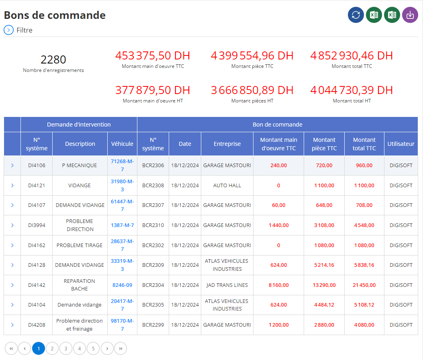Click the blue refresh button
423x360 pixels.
pyautogui.click(x=356, y=15)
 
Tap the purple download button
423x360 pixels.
pyautogui.click(x=410, y=15)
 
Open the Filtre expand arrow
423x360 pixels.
pyautogui.click(x=8, y=30)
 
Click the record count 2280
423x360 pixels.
pyautogui.click(x=53, y=59)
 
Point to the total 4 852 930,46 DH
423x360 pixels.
pyautogui.click(x=351, y=55)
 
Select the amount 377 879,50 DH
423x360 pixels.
pyautogui.click(x=153, y=90)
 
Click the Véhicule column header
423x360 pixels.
pyautogui.click(x=122, y=144)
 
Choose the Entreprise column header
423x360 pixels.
pyautogui.click(x=227, y=144)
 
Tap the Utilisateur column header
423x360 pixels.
pyautogui.click(x=401, y=144)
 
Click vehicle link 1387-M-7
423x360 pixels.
pyautogui.click(x=122, y=225)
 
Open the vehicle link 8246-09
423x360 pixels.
pyautogui.click(x=122, y=285)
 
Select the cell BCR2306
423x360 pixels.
pyautogui.click(x=153, y=166)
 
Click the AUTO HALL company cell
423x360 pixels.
pyautogui.click(x=227, y=185)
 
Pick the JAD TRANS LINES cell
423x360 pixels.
pyautogui.click(x=227, y=285)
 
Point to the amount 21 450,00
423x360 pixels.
pyautogui.click(x=364, y=285)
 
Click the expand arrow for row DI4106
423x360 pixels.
pyautogui.click(x=12, y=166)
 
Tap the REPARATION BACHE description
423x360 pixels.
pyautogui.click(x=79, y=285)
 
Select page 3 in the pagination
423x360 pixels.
pyautogui.click(x=66, y=348)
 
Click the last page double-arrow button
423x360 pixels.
pyautogui.click(x=121, y=348)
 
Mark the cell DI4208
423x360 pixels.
pyautogui.click(x=37, y=325)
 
